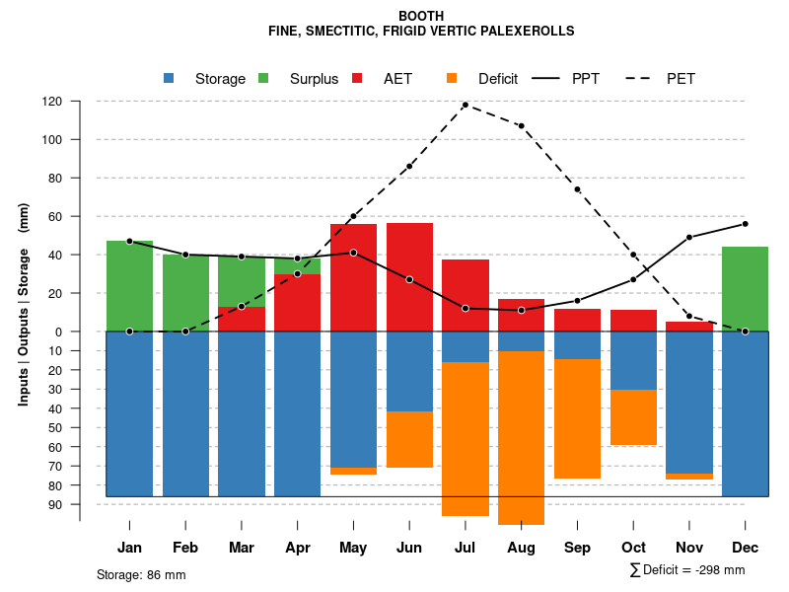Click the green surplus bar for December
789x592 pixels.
tap(745, 288)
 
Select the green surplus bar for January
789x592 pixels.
tap(129, 286)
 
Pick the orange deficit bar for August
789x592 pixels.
tap(521, 437)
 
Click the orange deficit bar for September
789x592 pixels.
tap(577, 418)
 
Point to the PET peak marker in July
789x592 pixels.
tap(465, 105)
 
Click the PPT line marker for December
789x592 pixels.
tap(745, 224)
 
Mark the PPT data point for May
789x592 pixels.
tap(353, 253)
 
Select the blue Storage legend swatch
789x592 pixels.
tap(170, 78)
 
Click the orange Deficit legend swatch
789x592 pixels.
tap(453, 78)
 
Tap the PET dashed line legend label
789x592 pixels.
tap(681, 79)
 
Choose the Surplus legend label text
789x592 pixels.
tap(314, 79)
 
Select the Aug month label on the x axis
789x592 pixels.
tap(521, 547)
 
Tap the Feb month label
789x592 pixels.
tap(185, 547)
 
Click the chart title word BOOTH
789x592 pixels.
tap(421, 16)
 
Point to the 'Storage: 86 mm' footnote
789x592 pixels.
tap(141, 574)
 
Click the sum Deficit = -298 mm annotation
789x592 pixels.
tap(687, 570)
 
